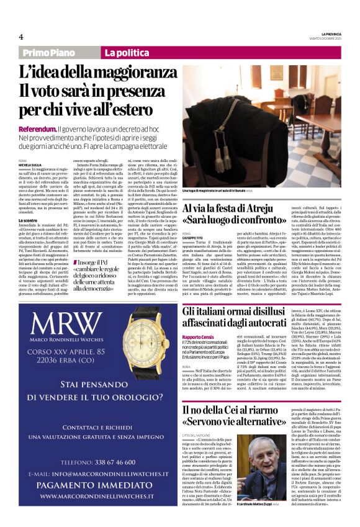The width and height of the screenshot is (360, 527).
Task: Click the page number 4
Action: coord(20,37)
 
